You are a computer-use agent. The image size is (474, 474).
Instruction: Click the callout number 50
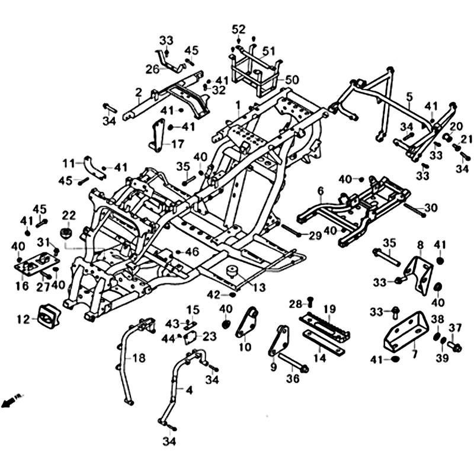[292, 80]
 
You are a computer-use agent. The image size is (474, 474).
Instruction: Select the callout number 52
[238, 29]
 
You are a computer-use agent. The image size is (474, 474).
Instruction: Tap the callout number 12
[23, 320]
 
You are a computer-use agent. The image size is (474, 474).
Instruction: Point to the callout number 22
[69, 214]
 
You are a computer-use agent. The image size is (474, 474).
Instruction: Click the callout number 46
[191, 252]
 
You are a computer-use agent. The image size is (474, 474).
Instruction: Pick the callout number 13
[258, 288]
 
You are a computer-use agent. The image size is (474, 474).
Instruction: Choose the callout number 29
[315, 235]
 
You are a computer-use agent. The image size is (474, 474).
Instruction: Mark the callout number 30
[431, 207]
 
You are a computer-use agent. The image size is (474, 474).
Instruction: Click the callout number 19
[329, 309]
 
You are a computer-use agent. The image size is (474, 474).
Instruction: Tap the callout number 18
[138, 358]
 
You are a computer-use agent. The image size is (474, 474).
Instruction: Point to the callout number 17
[178, 144]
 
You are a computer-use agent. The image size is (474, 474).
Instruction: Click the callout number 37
[455, 328]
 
